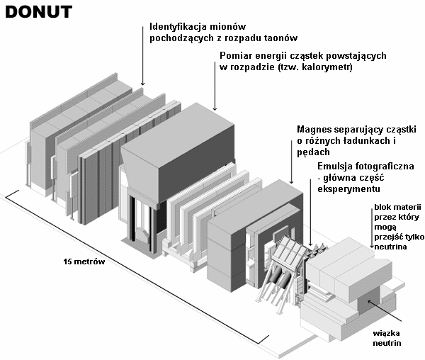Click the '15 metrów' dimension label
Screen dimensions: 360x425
[x=84, y=262]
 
